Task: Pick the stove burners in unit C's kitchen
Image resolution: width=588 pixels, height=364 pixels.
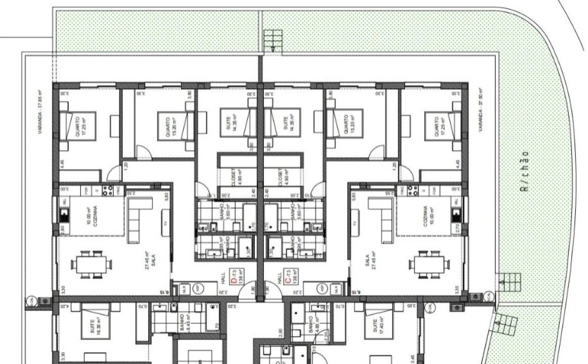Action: point(412,191)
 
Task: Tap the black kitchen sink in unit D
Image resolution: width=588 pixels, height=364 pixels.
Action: point(64,214)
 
